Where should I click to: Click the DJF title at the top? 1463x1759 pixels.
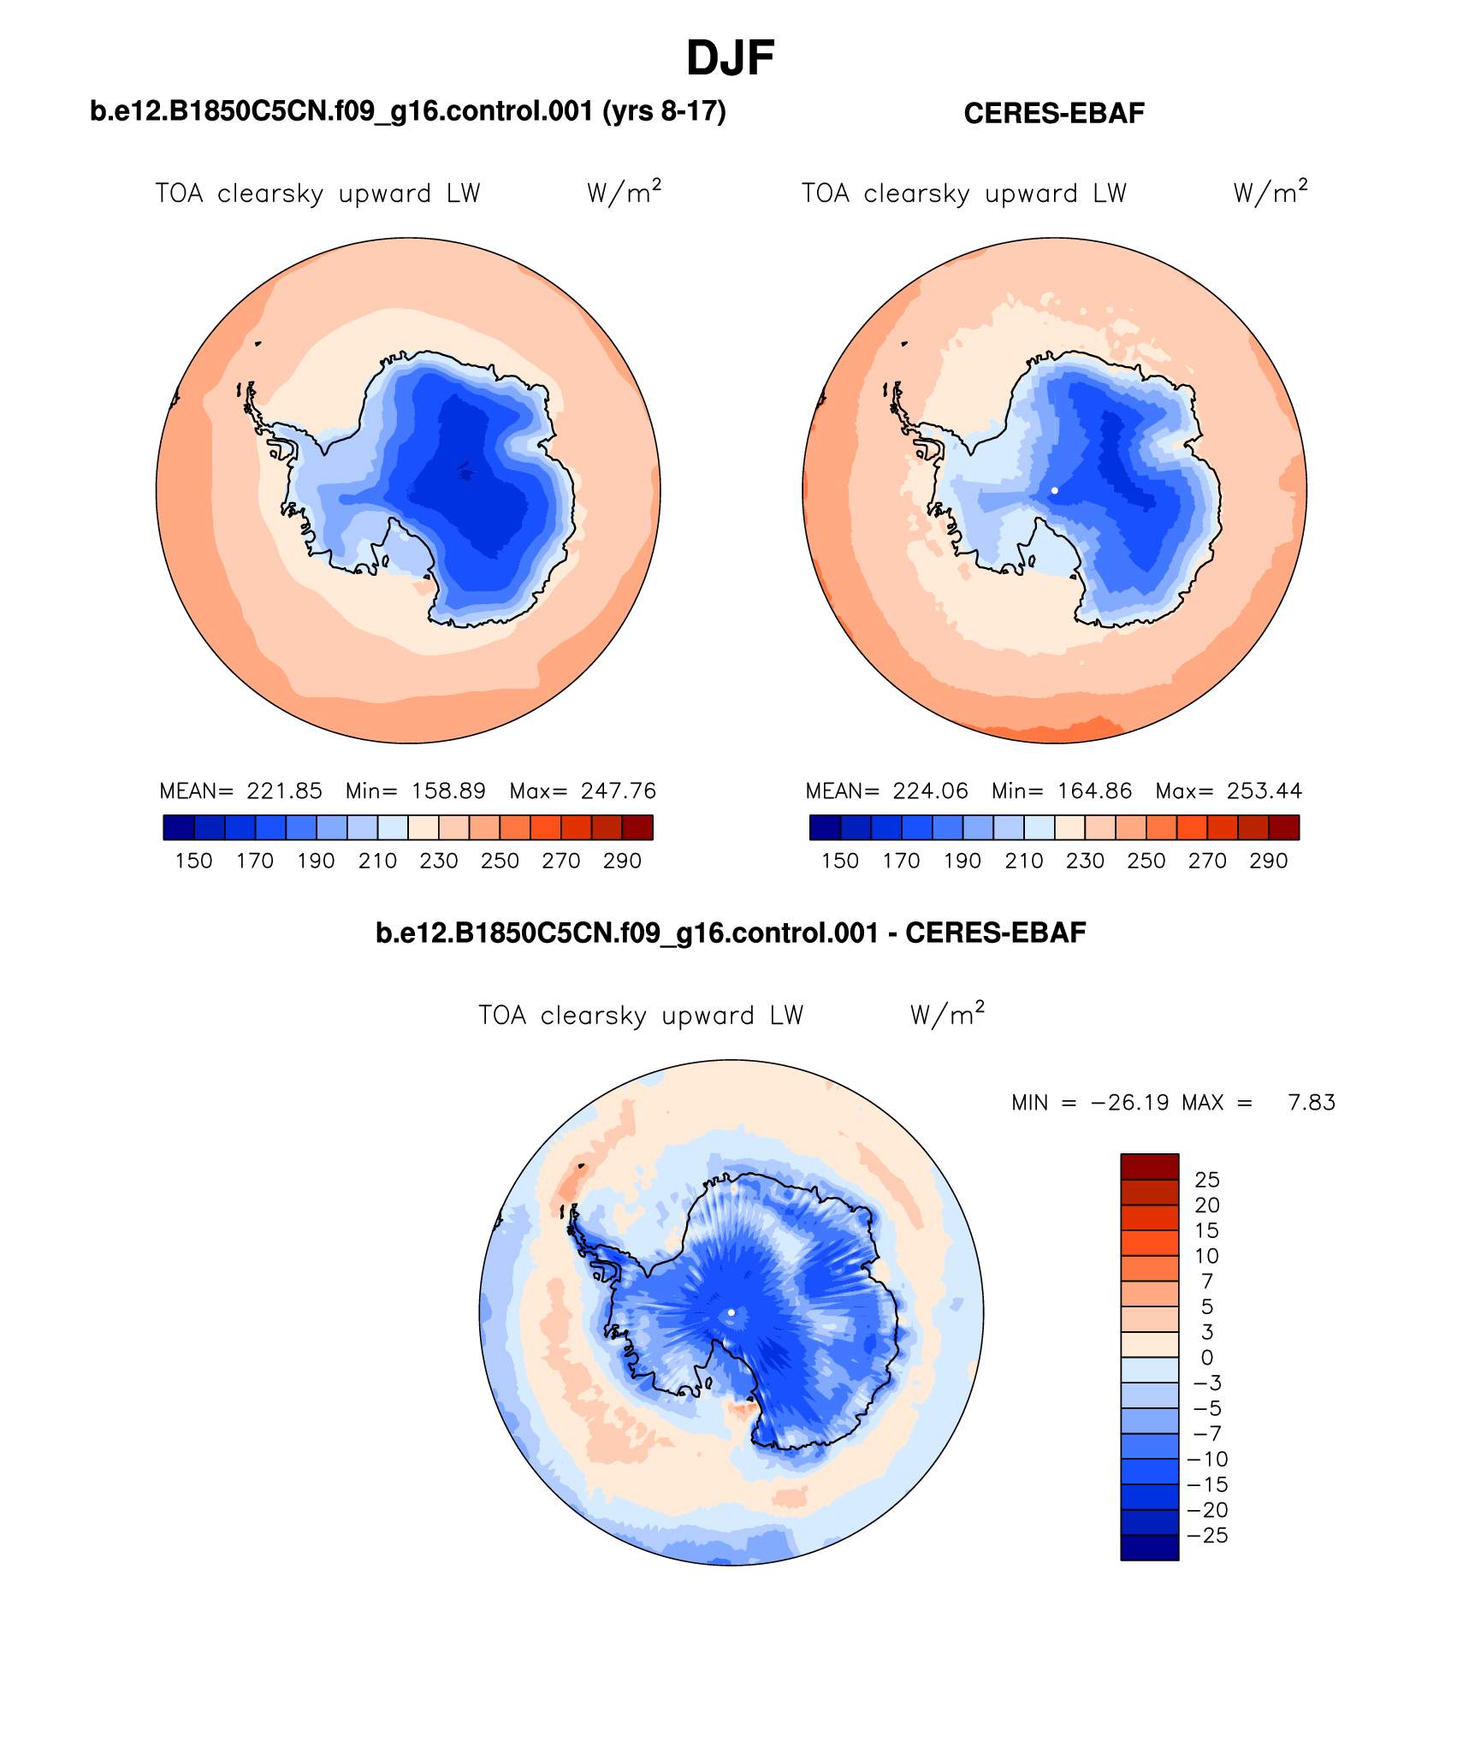click(x=730, y=59)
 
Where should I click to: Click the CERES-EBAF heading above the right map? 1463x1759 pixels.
click(x=1053, y=114)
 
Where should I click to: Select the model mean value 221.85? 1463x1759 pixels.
click(x=284, y=791)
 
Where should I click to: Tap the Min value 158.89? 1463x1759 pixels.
click(x=448, y=791)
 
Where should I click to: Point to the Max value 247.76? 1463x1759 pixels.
click(x=619, y=791)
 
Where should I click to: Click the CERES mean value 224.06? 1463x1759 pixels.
click(x=930, y=791)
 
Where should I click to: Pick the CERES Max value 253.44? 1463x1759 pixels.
click(x=1265, y=791)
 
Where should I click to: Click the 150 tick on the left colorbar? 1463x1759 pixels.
click(x=193, y=861)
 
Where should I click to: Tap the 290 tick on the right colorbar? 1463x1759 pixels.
click(x=1268, y=861)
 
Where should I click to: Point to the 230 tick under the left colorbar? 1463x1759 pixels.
click(x=438, y=861)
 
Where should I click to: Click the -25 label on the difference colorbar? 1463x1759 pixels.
click(x=1207, y=1536)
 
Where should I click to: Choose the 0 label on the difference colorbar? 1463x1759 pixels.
click(x=1206, y=1358)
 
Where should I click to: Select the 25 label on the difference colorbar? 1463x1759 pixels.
click(x=1207, y=1180)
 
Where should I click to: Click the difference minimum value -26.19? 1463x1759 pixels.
click(x=1129, y=1103)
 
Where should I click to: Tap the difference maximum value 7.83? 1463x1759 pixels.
click(x=1312, y=1103)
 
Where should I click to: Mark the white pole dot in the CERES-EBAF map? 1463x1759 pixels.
click(x=1055, y=490)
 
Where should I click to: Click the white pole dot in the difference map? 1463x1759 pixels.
click(x=731, y=1312)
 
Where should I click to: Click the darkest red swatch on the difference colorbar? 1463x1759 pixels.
click(x=1149, y=1167)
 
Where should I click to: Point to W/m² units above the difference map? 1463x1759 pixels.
click(x=947, y=1015)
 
